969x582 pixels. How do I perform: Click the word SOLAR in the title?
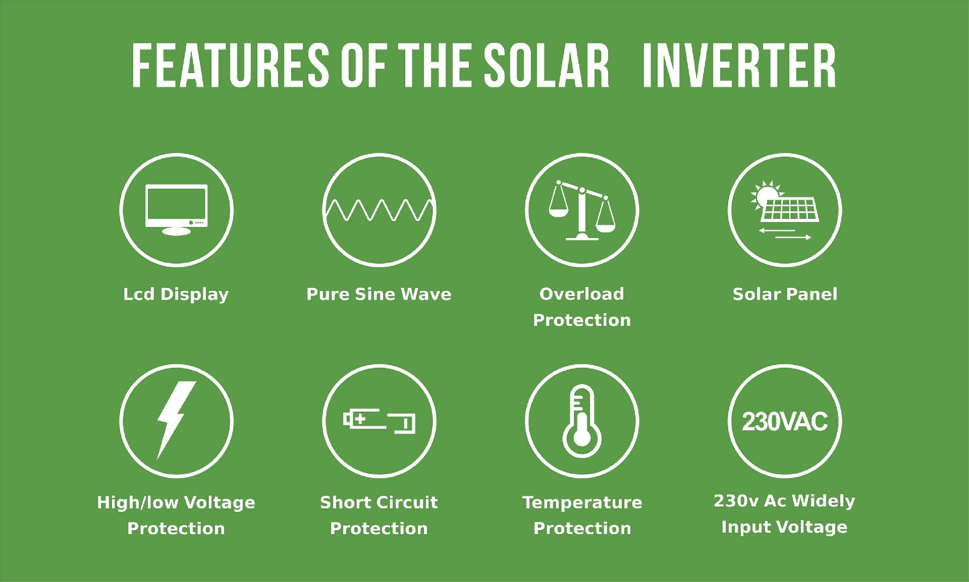click(x=547, y=66)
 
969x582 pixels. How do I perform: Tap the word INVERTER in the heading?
click(x=739, y=66)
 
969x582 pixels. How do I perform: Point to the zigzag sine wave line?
click(x=379, y=210)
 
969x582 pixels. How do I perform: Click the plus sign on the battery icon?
click(x=360, y=419)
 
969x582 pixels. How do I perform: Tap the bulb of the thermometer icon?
click(x=582, y=437)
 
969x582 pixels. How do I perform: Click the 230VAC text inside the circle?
click(x=785, y=422)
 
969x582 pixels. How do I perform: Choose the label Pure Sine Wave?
click(x=379, y=294)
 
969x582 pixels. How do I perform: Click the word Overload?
click(x=582, y=294)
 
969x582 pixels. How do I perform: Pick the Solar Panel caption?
click(x=785, y=294)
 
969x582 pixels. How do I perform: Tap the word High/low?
click(x=137, y=502)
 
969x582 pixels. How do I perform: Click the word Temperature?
click(x=582, y=502)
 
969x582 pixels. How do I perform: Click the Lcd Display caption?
click(x=176, y=294)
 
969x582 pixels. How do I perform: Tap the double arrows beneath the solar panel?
click(x=785, y=234)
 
